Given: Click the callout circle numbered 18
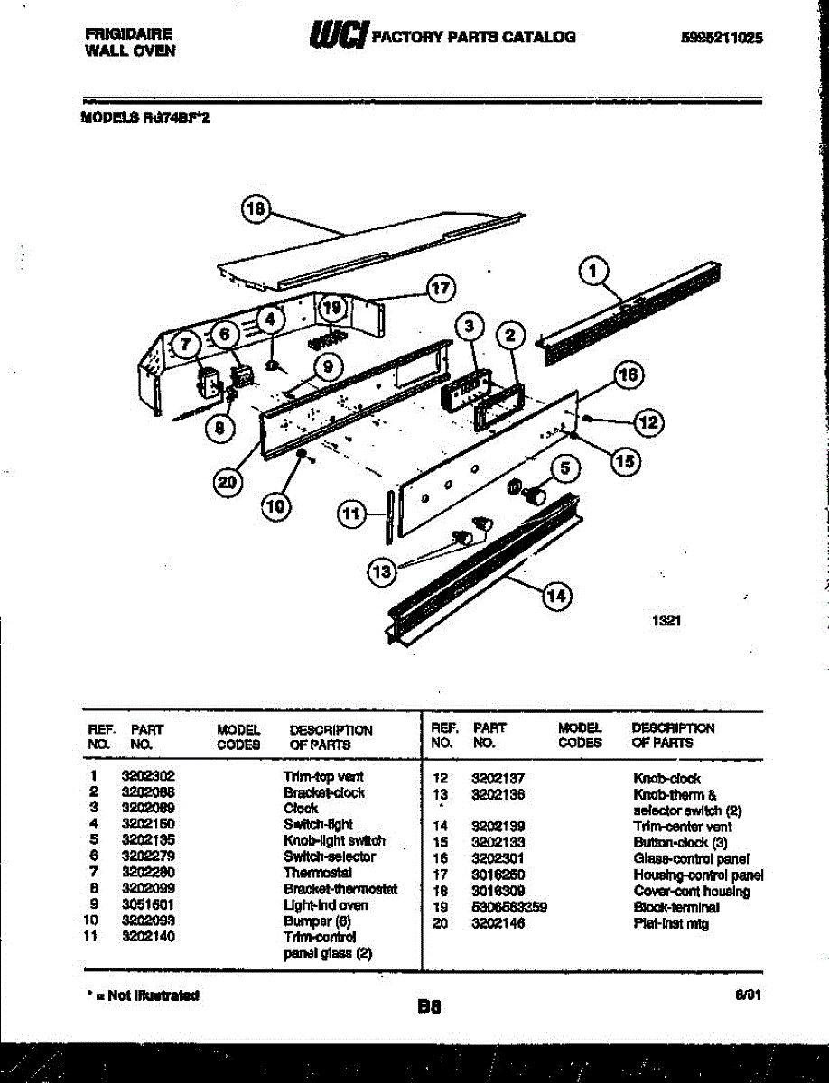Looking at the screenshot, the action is [x=256, y=209].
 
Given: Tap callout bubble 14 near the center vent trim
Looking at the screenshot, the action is [x=556, y=594].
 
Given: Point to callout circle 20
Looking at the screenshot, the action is [x=229, y=483].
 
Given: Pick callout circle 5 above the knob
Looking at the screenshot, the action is [x=564, y=468].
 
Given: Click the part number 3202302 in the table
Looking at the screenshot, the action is [x=148, y=776].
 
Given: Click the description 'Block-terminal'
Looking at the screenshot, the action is [x=676, y=907].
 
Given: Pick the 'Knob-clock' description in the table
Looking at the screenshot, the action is [x=666, y=778].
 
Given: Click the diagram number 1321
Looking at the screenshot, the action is [x=666, y=621].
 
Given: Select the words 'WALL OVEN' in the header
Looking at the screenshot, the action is [x=130, y=51].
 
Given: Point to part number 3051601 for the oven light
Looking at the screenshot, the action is [x=148, y=904].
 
